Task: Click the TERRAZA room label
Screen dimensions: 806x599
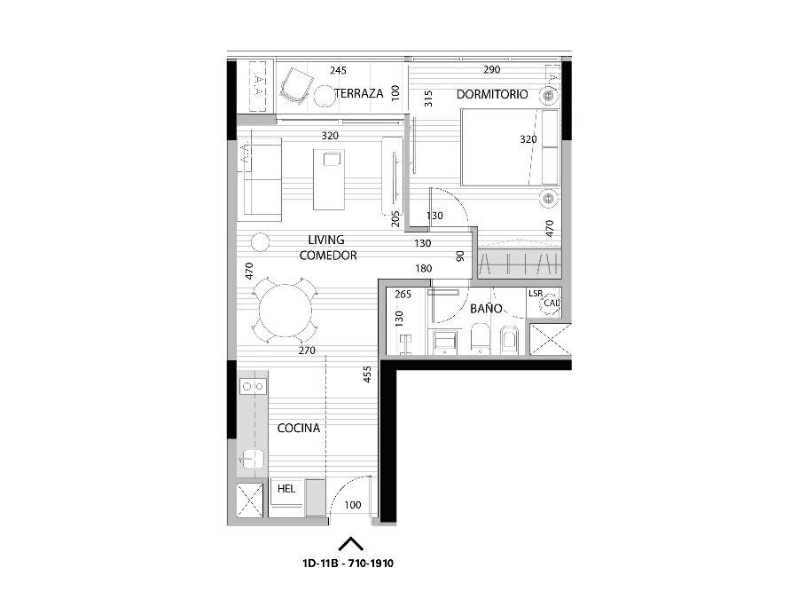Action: click(x=359, y=93)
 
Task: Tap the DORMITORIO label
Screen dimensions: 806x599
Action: click(x=492, y=94)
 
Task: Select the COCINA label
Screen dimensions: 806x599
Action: click(x=299, y=428)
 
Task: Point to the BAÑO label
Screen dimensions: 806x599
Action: click(x=486, y=308)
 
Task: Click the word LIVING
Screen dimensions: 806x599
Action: click(x=326, y=240)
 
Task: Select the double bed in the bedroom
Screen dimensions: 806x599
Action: click(x=510, y=147)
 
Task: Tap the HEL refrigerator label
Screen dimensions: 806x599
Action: click(x=286, y=488)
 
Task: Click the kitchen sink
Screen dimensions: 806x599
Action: click(x=253, y=459)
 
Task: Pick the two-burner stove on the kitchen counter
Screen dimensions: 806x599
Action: click(x=253, y=386)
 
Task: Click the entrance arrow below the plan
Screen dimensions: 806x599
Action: click(x=351, y=544)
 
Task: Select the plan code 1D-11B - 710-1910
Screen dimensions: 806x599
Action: click(x=348, y=563)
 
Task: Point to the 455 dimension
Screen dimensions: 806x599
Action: click(x=367, y=374)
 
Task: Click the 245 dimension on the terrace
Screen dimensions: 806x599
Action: click(x=338, y=70)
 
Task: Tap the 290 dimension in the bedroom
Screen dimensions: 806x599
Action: click(x=492, y=69)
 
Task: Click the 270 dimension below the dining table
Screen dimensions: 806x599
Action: click(x=307, y=351)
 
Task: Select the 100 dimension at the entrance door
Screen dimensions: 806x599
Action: click(x=353, y=505)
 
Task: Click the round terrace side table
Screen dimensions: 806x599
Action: click(x=325, y=96)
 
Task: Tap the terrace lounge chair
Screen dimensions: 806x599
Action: click(x=296, y=86)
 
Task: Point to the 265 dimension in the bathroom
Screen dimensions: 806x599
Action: click(x=403, y=295)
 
